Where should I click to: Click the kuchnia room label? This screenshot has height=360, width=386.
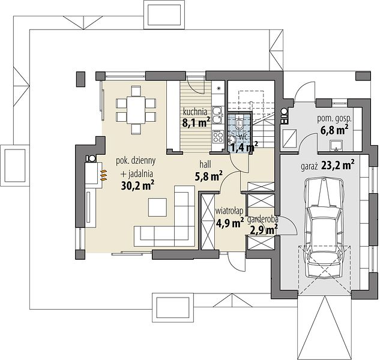coord(195,112)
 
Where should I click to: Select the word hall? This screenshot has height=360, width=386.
coord(205,164)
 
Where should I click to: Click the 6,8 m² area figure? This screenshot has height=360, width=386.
coord(334,130)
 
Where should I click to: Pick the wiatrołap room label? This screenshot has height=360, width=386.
coord(229,211)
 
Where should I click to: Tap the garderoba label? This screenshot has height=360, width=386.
coord(263,219)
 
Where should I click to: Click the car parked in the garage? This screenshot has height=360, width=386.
coord(323,227)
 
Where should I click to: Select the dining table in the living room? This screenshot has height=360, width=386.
coord(136,110)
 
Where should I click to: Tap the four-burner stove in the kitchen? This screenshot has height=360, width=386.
coord(218,137)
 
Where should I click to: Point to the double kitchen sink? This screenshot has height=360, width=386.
coord(217,115)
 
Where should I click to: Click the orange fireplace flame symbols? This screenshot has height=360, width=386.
coord(104,175)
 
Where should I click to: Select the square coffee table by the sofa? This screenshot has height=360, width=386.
coord(157,207)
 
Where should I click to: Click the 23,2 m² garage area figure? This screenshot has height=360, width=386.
coord(338,166)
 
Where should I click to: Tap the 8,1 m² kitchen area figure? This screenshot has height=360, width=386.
coord(196,122)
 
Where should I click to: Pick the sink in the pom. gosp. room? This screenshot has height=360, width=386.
coord(336,145)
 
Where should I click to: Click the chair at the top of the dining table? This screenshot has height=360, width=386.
coord(136,91)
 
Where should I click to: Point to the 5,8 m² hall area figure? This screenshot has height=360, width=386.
coord(209,176)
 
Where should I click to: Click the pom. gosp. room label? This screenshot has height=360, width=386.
coord(334,119)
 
